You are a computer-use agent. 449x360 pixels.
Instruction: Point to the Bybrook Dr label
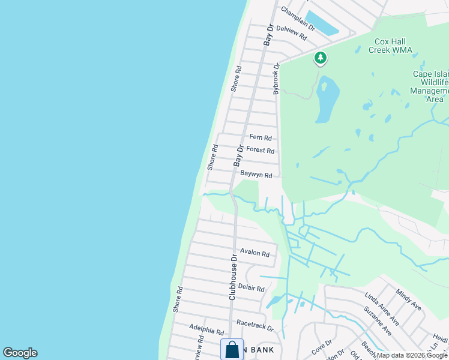277,79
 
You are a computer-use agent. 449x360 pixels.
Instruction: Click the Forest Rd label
261,151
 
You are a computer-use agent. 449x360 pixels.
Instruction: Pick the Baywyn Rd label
256,175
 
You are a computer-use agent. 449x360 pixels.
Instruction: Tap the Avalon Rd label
255,253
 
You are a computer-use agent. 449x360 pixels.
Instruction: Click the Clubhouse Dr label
233,277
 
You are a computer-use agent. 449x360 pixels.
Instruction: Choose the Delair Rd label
251,288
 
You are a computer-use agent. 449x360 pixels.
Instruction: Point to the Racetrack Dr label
255,325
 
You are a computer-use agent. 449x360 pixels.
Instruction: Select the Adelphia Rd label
206,331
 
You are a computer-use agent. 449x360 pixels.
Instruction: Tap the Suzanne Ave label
377,321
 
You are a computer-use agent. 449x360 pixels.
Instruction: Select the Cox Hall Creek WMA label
393,46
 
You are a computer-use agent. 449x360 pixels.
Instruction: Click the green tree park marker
321,58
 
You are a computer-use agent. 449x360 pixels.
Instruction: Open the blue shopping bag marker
232,350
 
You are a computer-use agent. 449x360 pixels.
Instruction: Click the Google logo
20,353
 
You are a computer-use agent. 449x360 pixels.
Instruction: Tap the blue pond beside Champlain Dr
321,23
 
